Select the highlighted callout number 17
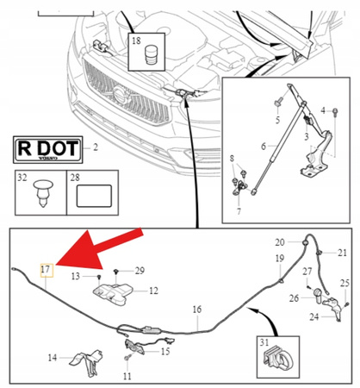tap(47, 271)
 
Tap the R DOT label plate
tap(47, 148)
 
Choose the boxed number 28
tap(75, 178)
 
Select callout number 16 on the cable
tap(196, 310)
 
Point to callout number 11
tap(127, 378)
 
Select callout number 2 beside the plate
tap(96, 148)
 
